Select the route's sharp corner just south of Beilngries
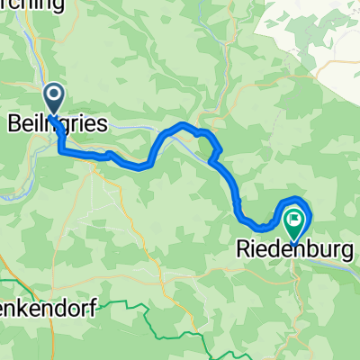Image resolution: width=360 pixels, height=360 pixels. pyautogui.click(x=63, y=152)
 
